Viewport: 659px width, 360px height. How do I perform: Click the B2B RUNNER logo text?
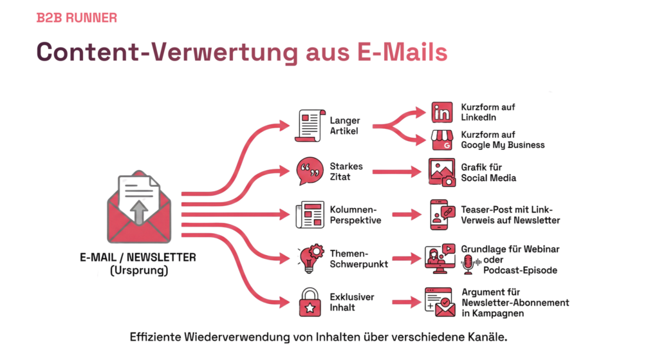pos(77,18)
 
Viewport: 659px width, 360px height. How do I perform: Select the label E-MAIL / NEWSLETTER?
pos(138,258)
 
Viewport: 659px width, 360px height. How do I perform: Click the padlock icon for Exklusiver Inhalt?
pos(310,302)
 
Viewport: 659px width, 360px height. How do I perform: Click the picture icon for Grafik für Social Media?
pos(442,172)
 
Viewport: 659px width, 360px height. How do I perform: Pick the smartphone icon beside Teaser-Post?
pos(442,214)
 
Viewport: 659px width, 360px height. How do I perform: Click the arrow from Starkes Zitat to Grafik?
pos(396,172)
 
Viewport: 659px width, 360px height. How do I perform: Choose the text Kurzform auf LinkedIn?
pos(488,112)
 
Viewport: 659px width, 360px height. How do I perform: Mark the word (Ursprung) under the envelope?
pos(138,270)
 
